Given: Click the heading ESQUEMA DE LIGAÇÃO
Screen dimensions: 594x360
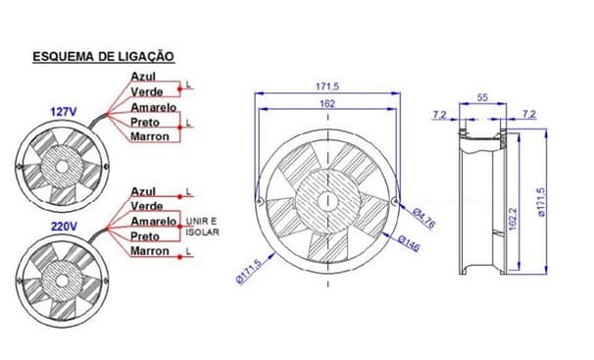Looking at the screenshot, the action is click(104, 57).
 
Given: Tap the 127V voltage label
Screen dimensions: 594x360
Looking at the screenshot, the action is click(64, 112).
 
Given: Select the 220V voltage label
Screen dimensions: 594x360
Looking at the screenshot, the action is click(64, 227).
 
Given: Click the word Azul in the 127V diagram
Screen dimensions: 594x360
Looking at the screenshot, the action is click(143, 77).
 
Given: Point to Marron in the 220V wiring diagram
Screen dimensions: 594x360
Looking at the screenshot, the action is click(150, 250).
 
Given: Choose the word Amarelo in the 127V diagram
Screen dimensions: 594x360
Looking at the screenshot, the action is click(154, 107).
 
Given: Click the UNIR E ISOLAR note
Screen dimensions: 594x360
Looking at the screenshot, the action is click(202, 227).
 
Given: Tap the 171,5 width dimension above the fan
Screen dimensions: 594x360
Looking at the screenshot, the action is click(327, 86).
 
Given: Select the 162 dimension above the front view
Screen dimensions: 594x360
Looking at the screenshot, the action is click(327, 103).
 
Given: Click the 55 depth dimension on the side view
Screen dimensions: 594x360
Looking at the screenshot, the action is click(482, 98).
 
